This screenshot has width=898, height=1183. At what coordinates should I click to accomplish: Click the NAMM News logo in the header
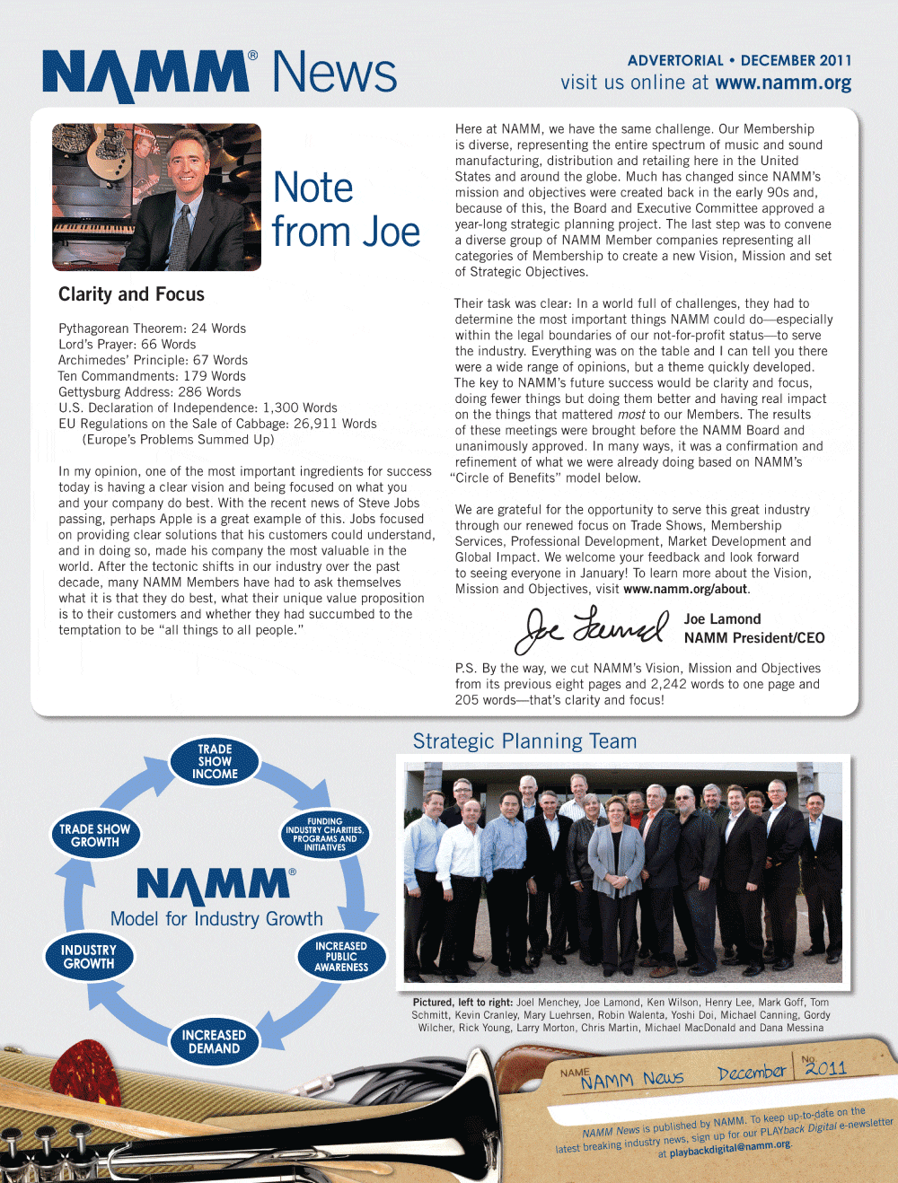219,74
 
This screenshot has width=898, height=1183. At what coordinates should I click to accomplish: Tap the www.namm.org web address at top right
783,83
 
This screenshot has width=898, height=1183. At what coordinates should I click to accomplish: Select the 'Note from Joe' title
346,210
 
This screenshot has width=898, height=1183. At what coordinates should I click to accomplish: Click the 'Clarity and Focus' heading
131,294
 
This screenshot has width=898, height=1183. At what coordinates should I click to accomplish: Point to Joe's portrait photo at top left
156,197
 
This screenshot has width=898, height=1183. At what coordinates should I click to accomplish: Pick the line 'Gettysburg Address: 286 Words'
149,392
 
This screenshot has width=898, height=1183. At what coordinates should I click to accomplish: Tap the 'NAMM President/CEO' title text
754,638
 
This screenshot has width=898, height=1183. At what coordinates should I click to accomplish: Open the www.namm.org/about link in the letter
685,590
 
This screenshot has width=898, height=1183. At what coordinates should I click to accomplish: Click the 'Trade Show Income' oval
215,762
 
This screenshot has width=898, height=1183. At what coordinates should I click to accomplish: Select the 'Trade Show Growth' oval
94,836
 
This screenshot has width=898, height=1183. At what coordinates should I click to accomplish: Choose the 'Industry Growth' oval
89,957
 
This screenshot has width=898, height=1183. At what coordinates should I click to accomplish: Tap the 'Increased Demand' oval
214,1042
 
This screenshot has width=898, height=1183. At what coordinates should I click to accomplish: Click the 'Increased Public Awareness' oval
341,957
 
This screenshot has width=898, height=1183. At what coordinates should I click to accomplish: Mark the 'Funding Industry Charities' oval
324,835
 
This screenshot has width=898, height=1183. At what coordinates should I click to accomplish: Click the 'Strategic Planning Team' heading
524,741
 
